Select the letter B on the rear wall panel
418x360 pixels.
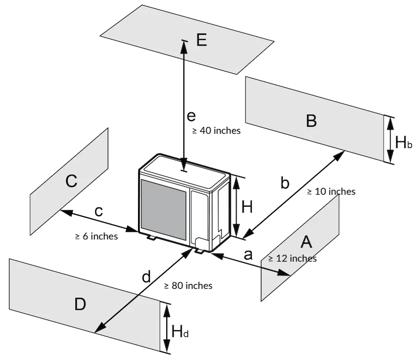tap(311, 120)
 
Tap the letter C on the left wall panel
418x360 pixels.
tap(71, 181)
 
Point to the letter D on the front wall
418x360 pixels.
tap(80, 305)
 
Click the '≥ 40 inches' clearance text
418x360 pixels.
tap(216, 131)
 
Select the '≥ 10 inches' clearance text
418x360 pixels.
tap(331, 191)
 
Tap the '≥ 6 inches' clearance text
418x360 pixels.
tap(97, 236)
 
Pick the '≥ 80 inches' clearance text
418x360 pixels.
tap(189, 286)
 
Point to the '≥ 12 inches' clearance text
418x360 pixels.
tap(293, 258)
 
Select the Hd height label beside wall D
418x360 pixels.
tap(180, 332)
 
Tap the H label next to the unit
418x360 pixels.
tap(247, 207)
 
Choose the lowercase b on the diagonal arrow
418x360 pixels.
tap(285, 183)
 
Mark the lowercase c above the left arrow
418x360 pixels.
tap(98, 211)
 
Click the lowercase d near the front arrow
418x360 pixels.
tap(146, 277)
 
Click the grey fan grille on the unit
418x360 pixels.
tap(164, 206)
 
